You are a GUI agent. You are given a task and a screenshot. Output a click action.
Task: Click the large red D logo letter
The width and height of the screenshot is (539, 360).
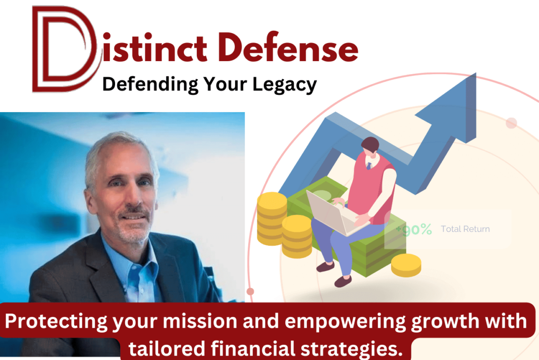63,49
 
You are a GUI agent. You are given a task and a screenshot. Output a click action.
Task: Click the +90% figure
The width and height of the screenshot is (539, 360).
414,230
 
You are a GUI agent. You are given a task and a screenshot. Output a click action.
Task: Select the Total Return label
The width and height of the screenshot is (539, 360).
465,229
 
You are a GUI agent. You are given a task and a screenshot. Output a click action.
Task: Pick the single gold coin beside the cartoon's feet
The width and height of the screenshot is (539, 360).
406,265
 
